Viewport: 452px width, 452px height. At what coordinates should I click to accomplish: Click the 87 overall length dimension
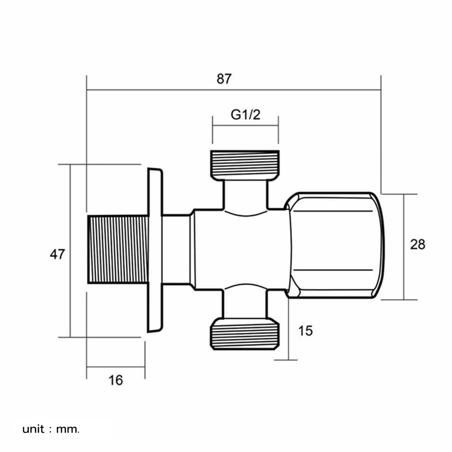tap(224, 79)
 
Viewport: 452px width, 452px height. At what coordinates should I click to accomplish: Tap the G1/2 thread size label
tap(246, 115)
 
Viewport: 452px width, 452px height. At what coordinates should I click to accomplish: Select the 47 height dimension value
tap(57, 254)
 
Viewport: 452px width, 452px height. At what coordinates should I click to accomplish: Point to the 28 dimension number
tap(417, 245)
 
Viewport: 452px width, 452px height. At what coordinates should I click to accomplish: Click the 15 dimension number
tap(306, 331)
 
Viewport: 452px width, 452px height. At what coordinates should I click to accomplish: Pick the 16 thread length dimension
tap(116, 380)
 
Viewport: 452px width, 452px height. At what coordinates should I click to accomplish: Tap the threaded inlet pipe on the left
tap(118, 249)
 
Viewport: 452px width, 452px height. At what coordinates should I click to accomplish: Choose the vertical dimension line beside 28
tap(404, 271)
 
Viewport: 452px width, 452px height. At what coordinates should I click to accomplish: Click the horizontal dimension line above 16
tap(116, 367)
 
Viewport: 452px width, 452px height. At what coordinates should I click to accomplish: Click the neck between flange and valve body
tap(176, 249)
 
